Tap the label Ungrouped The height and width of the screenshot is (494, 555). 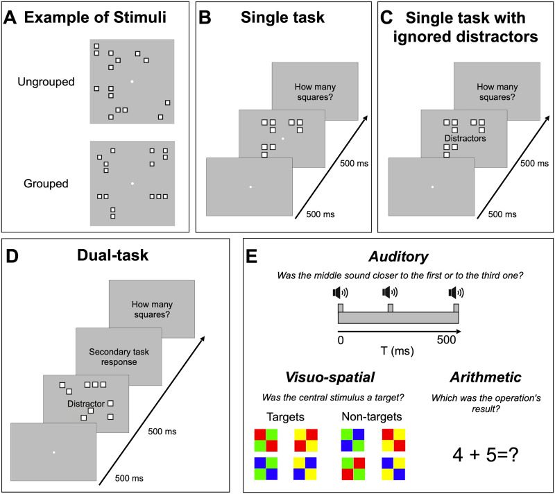coord(46,82)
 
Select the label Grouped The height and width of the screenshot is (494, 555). coord(46,183)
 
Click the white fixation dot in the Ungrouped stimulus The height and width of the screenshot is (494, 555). coord(132,82)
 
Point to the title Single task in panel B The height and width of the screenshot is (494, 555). coord(282,17)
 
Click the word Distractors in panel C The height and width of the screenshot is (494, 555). coord(465,138)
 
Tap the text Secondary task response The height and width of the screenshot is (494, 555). coord(119,357)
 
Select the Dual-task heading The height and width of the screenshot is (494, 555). coord(112,255)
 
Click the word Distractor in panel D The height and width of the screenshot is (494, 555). coord(86,404)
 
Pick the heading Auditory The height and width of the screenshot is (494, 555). coord(398,257)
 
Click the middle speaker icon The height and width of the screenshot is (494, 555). coord(390,292)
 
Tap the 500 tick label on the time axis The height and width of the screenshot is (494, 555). coord(446,340)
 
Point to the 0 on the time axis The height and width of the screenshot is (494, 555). coord(341,340)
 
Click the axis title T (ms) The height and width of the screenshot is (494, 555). coord(397,351)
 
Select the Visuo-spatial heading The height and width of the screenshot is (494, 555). coord(330,377)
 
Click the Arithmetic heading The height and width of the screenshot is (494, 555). coord(486,377)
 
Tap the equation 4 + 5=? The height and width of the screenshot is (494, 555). coord(486,454)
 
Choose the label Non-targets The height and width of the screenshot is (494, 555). coord(372,416)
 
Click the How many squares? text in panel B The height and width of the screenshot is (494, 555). coord(315,92)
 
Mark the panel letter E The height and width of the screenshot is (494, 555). coord(251,256)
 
